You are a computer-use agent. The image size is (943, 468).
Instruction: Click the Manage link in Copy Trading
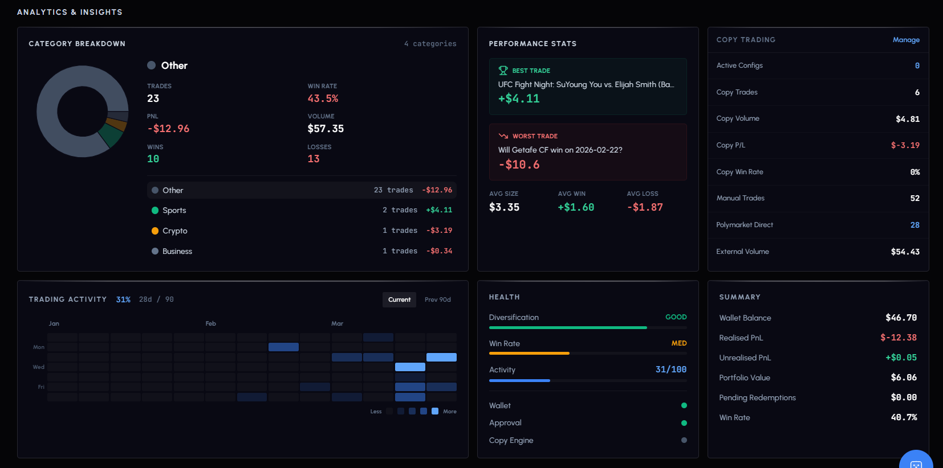[906, 40]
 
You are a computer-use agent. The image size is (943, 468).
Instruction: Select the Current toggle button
[399, 299]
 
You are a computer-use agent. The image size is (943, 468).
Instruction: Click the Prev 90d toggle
[437, 299]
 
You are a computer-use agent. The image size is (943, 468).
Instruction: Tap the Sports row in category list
[302, 210]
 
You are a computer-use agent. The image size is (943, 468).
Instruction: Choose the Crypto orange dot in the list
[155, 231]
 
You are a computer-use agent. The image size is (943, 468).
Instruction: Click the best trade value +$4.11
[519, 98]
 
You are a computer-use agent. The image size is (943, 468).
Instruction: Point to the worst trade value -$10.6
[519, 165]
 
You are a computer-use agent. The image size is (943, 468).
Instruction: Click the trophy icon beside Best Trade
[503, 71]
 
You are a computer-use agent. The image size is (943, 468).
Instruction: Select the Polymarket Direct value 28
[914, 225]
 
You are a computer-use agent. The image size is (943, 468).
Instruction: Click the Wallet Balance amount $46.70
[901, 318]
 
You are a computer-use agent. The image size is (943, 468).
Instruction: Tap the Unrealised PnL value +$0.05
[901, 358]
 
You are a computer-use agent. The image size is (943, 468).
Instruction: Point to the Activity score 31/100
[670, 370]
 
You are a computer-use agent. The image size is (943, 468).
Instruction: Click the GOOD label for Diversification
[676, 317]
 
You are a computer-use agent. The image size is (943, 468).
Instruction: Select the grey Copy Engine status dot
[684, 440]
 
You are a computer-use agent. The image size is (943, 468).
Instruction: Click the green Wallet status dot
[684, 405]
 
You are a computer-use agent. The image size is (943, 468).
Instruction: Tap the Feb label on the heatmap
[211, 323]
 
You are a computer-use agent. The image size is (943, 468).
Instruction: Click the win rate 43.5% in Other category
[323, 98]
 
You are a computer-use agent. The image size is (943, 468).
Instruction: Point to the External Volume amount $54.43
[905, 252]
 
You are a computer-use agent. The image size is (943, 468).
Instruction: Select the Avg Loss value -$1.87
[645, 207]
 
